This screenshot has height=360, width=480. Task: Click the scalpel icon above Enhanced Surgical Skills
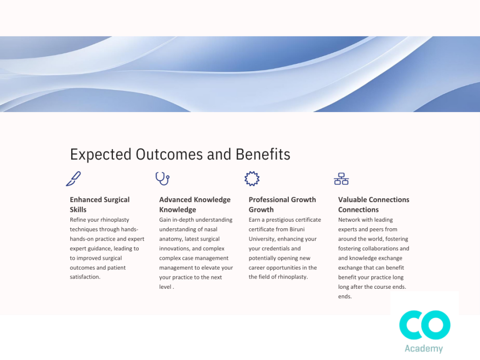[73, 179]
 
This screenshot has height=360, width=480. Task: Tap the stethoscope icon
[163, 179]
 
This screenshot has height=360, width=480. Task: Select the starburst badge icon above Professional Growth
[252, 179]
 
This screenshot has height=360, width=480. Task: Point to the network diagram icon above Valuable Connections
[341, 179]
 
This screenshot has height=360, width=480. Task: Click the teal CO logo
[425, 325]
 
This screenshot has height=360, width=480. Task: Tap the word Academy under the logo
[424, 349]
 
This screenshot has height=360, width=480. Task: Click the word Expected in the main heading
[101, 155]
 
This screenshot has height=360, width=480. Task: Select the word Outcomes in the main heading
[169, 154]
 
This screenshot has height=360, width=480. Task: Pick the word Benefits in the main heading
[263, 154]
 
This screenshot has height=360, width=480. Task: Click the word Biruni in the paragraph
[296, 229]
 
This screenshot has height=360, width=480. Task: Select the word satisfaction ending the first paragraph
[84, 277]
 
